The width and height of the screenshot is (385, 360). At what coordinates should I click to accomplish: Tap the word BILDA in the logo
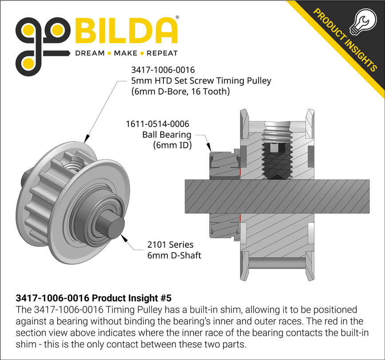(126, 32)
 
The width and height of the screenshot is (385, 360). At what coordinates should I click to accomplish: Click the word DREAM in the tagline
(89, 53)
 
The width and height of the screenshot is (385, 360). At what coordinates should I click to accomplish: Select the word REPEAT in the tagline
(162, 53)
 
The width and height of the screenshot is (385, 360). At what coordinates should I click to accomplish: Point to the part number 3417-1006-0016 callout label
(163, 70)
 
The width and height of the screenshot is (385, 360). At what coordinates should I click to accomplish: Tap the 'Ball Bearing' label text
(167, 135)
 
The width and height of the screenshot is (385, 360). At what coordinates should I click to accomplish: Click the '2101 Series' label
(170, 245)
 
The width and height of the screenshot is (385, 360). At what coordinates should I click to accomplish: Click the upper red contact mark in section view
(240, 171)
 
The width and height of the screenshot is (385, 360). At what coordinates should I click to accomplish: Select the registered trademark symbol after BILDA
(178, 18)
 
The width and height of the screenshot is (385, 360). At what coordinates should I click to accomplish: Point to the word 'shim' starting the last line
(25, 344)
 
